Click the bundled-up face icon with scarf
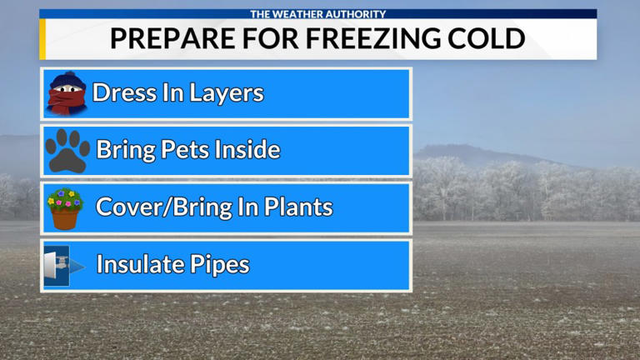[x=67, y=93]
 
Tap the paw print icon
[x=67, y=151]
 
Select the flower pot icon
[x=66, y=208]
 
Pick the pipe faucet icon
[x=64, y=266]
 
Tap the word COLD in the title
[x=492, y=38]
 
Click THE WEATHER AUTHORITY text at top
[x=319, y=13]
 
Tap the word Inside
[x=247, y=151]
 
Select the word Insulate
[x=138, y=266]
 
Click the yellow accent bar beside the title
[x=42, y=39]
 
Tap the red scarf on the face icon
[x=65, y=102]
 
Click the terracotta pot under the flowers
[x=65, y=218]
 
